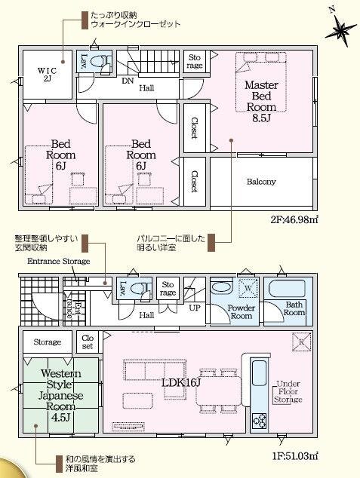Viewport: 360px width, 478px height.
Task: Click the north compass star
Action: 341,29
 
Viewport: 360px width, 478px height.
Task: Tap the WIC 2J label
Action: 47,75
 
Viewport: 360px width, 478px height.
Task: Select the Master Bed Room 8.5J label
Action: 261,101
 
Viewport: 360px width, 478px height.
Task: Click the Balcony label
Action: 261,182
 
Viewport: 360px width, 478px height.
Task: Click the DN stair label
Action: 128,81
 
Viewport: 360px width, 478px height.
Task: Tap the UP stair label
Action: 195,308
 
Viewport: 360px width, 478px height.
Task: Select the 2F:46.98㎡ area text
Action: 294,219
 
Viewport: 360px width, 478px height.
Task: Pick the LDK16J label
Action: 181,383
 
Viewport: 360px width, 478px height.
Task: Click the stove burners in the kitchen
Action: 259,421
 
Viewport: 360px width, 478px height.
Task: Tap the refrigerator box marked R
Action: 301,342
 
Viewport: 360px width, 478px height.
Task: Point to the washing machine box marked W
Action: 248,288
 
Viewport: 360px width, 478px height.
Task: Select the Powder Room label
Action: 241,311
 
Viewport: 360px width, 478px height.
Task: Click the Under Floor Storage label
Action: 288,392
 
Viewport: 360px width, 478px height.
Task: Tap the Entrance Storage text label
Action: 59,262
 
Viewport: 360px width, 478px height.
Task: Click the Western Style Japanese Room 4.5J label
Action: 60,395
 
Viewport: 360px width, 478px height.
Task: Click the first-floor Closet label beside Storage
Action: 88,342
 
